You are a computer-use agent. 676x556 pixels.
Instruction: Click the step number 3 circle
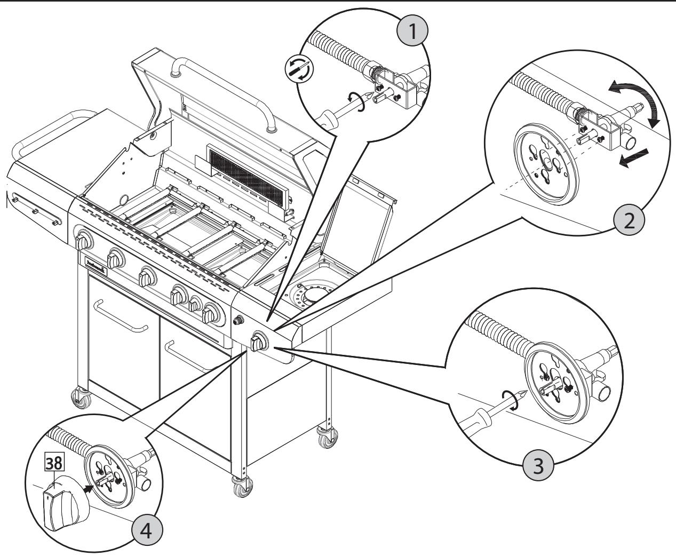click(539, 465)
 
